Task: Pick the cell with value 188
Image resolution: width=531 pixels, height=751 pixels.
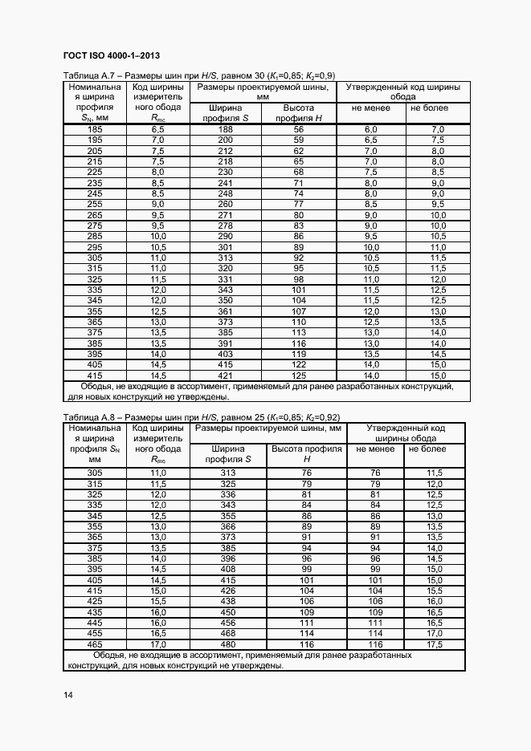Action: [x=225, y=129]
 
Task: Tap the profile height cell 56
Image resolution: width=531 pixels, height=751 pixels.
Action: [x=299, y=129]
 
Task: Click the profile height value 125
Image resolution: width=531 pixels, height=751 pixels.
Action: [x=299, y=375]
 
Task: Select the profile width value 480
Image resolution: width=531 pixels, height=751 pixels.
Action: [x=228, y=643]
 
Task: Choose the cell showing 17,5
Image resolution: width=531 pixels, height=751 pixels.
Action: [x=435, y=643]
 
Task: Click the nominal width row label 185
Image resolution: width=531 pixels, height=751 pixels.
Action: [x=95, y=129]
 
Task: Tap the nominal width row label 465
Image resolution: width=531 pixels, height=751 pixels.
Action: [x=95, y=643]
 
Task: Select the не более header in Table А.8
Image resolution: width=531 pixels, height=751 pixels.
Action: [x=427, y=449]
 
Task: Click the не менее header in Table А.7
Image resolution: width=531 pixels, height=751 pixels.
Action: [x=371, y=108]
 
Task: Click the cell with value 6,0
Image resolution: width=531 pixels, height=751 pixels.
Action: [x=371, y=129]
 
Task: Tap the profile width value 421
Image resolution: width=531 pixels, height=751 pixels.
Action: [x=225, y=375]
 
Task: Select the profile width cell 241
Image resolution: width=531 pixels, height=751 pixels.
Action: [x=225, y=183]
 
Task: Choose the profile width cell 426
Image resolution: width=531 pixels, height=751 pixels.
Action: [x=228, y=591]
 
